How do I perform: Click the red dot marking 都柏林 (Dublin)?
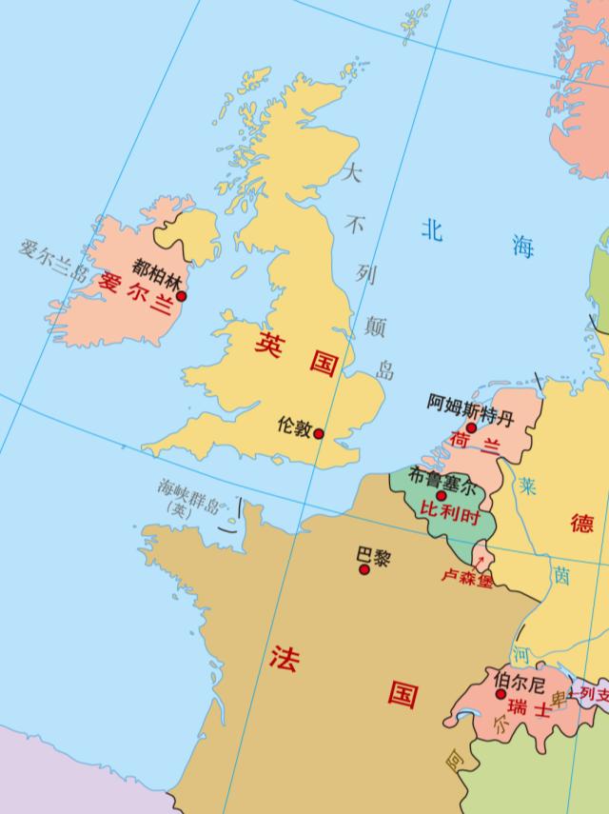(182, 296)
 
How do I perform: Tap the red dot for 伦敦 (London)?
(319, 434)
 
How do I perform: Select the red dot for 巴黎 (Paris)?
(363, 569)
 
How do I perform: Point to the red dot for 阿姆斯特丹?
(470, 427)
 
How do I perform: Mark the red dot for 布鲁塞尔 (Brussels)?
(441, 495)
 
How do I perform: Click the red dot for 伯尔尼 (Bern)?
(501, 694)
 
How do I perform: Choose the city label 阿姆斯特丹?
(469, 405)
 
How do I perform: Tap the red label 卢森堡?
(466, 577)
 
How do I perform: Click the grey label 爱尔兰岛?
(54, 262)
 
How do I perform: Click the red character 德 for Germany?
(581, 522)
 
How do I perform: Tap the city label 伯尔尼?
(520, 681)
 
